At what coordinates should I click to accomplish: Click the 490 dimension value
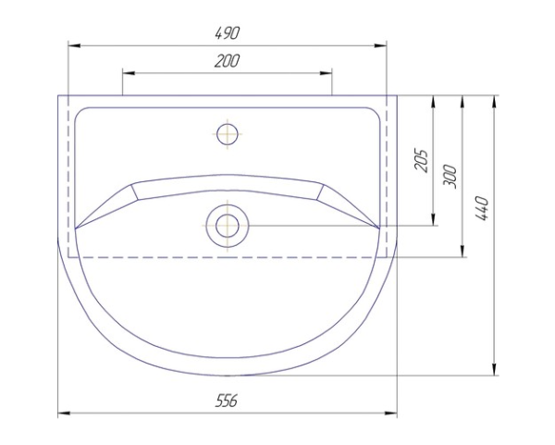[x=228, y=33]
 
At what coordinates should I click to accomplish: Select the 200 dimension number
[x=227, y=61]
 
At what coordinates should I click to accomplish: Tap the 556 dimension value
[x=227, y=402]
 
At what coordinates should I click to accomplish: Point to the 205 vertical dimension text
[x=421, y=161]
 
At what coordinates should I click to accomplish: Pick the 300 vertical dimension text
[x=450, y=177]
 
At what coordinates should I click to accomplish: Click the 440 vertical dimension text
[x=481, y=208]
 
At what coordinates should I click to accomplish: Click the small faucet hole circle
[x=228, y=134]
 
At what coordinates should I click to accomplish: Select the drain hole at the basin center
[x=228, y=226]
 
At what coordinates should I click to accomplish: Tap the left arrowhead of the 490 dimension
[x=75, y=45]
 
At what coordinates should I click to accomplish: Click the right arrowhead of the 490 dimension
[x=380, y=45]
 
